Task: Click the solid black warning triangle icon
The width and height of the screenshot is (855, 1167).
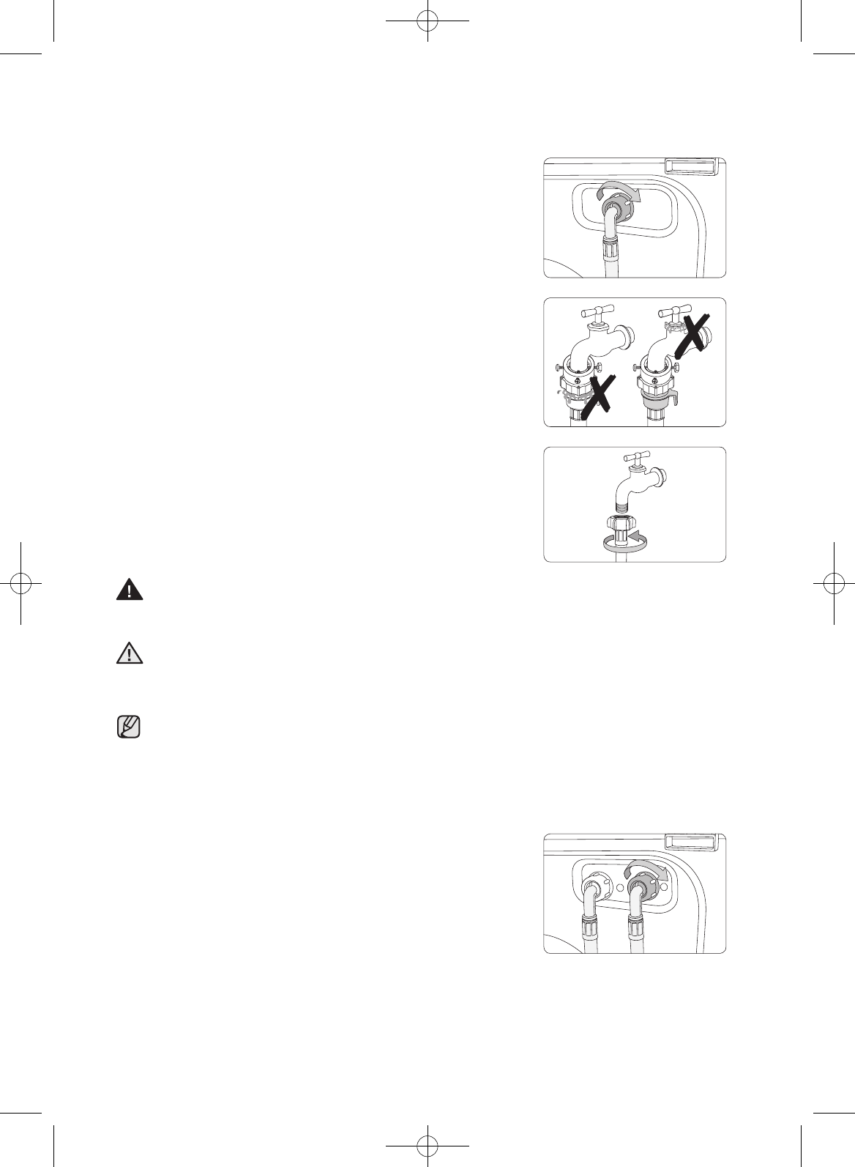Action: pyautogui.click(x=130, y=590)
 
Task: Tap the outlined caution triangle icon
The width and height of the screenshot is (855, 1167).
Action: pyautogui.click(x=130, y=653)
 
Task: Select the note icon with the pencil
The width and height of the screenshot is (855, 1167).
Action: pyautogui.click(x=130, y=727)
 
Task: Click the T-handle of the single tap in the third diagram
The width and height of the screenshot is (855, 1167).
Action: pyautogui.click(x=638, y=459)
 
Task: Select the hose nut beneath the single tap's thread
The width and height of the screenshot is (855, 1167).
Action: pyautogui.click(x=621, y=525)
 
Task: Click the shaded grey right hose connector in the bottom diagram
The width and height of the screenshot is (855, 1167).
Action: pyautogui.click(x=643, y=887)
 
